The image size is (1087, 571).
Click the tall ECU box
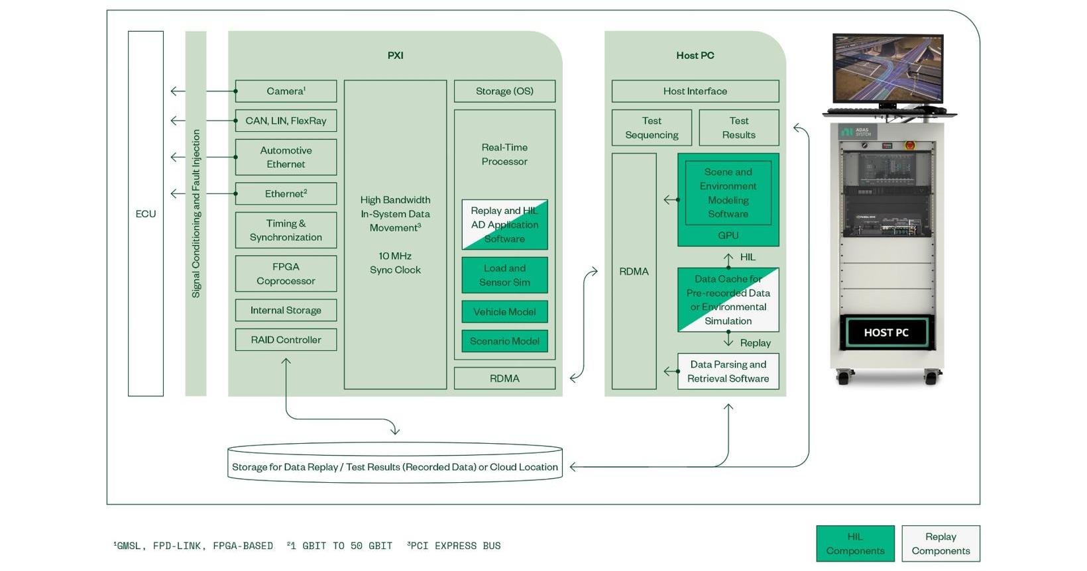pos(146,213)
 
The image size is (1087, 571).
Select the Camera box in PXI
pos(286,91)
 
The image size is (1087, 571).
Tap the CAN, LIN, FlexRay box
pos(286,121)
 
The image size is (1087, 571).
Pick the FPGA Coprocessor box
pos(286,274)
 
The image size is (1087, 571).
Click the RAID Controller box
pos(286,340)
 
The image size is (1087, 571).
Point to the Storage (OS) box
pos(504,91)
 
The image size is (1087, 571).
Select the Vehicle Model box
pos(504,312)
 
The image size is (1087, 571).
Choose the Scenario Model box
pos(504,341)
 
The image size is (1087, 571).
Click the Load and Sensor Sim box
pos(504,275)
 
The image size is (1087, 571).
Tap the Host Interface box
pos(695,91)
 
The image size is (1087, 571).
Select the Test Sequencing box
pos(652,128)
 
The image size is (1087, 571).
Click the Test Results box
pos(738,128)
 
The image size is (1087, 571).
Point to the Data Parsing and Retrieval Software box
pos(728,372)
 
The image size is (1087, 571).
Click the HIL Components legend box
pos(855,544)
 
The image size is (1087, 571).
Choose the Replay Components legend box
pos(941,544)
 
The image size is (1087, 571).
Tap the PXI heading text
pos(396,56)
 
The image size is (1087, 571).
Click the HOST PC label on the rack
pos(886,333)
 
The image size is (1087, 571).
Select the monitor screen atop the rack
pos(887,68)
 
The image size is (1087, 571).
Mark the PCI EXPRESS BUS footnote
pos(455,546)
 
